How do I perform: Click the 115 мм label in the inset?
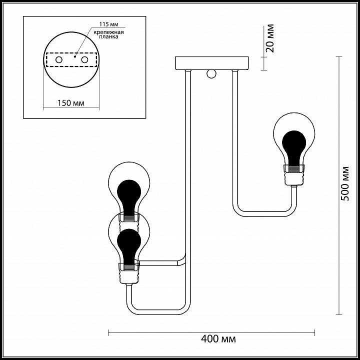tap(108, 24)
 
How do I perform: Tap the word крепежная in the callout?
tap(108, 32)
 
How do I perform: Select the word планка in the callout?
tap(108, 36)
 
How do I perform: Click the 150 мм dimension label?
tap(70, 103)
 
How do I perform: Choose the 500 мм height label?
tap(344, 183)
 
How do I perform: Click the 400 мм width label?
tap(218, 338)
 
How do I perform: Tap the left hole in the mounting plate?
tap(59, 60)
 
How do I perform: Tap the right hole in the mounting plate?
tap(84, 60)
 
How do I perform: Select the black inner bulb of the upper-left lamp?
tap(129, 198)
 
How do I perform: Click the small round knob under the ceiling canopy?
tap(211, 74)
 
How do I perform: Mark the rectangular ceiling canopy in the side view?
tap(211, 63)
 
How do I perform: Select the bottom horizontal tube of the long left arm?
tap(158, 312)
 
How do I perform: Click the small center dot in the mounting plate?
tap(74, 56)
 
